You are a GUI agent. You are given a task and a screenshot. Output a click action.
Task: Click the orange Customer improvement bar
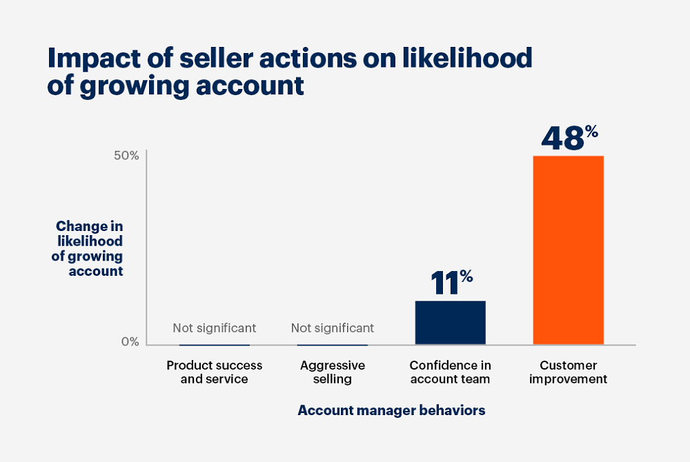click(x=568, y=250)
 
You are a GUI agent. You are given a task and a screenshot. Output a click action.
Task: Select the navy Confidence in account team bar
click(x=450, y=322)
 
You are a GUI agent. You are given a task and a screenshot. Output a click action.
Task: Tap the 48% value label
click(x=569, y=137)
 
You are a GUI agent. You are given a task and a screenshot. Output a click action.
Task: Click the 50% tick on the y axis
click(x=126, y=156)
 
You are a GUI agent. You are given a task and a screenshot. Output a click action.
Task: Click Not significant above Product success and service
click(x=214, y=328)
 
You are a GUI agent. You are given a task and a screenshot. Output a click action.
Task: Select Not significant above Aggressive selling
click(x=333, y=328)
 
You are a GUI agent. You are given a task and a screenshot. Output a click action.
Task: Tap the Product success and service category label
click(x=214, y=372)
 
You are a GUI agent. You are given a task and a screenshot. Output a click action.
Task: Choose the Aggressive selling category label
click(x=333, y=372)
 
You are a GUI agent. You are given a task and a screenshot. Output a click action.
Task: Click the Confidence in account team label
click(x=450, y=372)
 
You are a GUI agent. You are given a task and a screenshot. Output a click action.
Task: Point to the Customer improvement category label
click(x=568, y=372)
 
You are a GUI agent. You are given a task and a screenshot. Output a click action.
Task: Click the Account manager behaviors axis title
click(x=391, y=410)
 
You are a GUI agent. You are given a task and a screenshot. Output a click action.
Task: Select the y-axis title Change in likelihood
click(x=89, y=248)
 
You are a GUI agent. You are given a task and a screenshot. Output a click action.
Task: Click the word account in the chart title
click(x=252, y=86)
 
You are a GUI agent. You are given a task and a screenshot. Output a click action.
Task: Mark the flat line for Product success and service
click(x=214, y=344)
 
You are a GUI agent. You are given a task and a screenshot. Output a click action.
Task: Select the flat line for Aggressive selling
click(x=333, y=344)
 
